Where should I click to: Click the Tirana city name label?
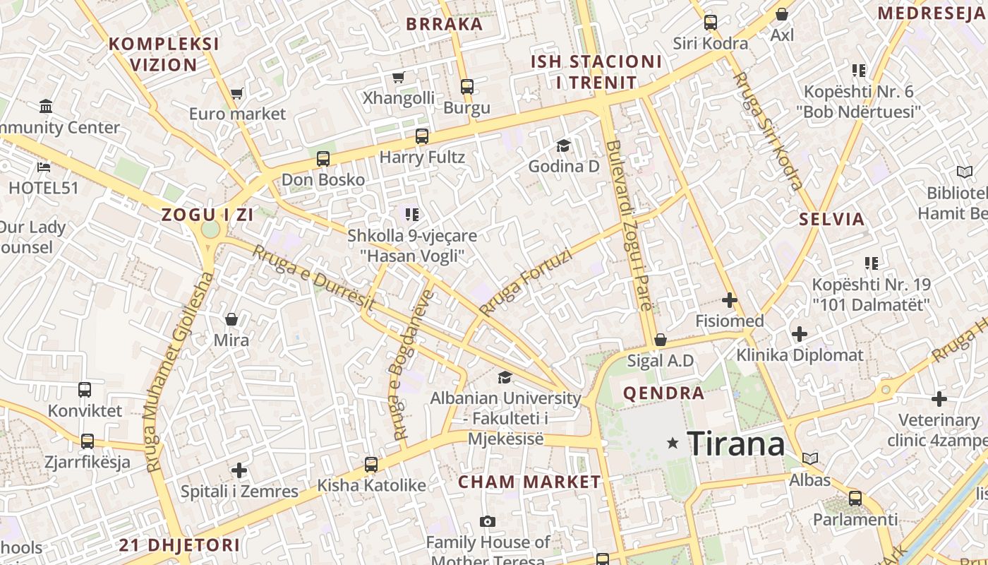735,444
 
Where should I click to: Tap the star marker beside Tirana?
673,443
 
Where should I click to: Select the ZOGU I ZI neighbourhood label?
207,215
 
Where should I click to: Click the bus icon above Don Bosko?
323,159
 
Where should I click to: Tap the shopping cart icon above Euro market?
237,93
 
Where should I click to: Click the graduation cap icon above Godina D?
563,145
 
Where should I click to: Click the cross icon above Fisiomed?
730,300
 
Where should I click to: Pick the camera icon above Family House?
487,522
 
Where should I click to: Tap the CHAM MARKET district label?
529,482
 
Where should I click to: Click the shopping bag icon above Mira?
231,320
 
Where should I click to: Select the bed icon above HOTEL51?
44,167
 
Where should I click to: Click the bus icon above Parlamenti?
855,499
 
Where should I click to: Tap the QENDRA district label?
663,393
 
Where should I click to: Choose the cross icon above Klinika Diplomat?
800,333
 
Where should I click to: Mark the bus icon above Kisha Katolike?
371,465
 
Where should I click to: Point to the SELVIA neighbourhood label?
831,219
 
